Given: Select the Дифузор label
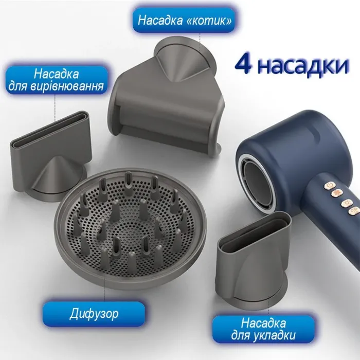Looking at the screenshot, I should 93,312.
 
